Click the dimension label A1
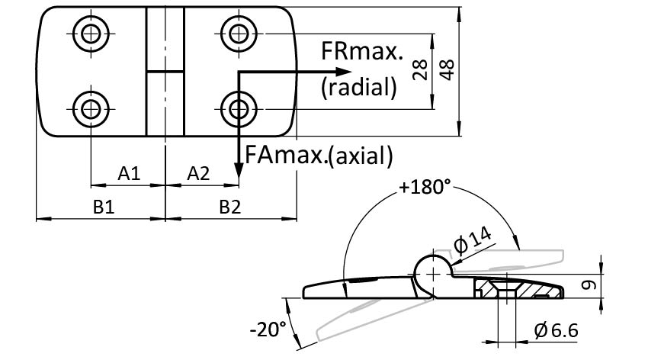(129, 174)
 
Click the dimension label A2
(198, 174)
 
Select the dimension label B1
(104, 207)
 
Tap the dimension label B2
(230, 207)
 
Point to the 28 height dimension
(419, 72)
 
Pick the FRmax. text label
(361, 53)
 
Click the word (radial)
(359, 87)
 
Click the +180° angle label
(425, 187)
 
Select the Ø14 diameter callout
(473, 245)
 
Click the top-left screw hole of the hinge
(91, 33)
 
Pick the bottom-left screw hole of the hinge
(91, 108)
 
